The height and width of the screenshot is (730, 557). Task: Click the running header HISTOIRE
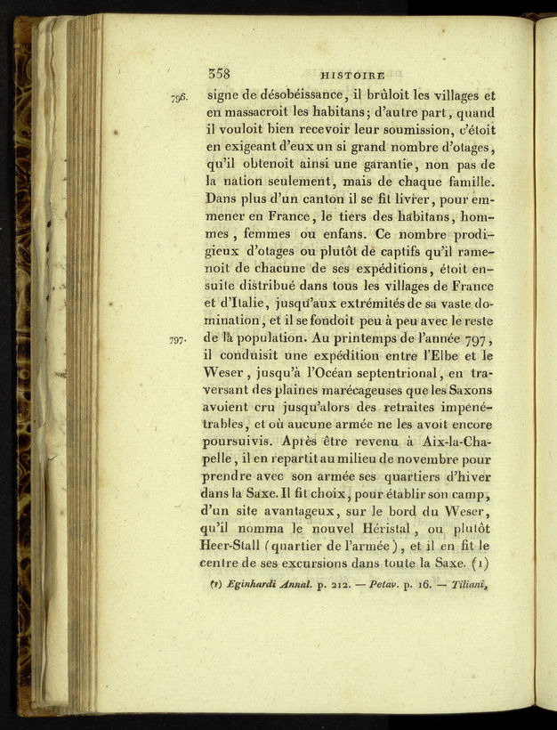pyautogui.click(x=351, y=77)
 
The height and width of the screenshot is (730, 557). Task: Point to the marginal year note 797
pyautogui.click(x=180, y=339)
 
